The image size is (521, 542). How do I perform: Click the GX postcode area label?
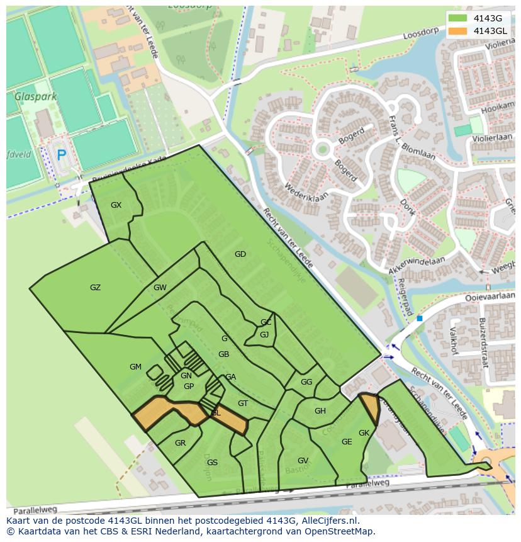116,205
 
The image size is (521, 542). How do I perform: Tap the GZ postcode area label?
95,288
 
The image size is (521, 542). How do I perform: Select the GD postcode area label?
240,254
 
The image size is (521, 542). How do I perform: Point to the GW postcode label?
160,288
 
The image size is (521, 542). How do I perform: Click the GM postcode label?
135,367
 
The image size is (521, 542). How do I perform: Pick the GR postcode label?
180,443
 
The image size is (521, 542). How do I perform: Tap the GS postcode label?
212,463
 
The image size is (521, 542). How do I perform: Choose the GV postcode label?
303,461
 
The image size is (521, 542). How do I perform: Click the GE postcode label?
347,442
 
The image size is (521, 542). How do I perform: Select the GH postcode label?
320,411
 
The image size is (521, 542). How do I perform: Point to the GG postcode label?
306,382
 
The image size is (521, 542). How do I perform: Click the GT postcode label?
243,404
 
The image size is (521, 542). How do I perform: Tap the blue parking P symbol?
61,155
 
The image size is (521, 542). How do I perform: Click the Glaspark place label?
36,97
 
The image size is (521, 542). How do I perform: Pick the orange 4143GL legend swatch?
458,31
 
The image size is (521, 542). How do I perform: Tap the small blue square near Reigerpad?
420,319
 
